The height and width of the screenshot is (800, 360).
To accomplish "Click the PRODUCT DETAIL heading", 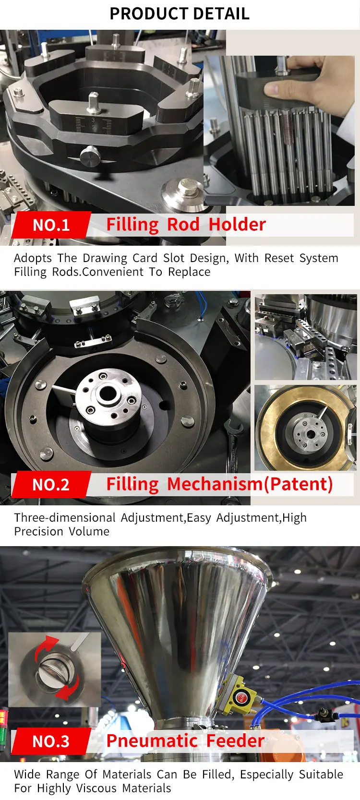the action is (x=180, y=14).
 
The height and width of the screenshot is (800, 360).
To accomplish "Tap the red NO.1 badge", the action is (x=51, y=225).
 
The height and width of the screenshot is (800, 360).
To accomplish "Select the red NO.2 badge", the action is (x=51, y=485).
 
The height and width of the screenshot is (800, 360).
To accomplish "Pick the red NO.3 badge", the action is (x=51, y=741).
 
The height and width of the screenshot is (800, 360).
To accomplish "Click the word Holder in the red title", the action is (x=237, y=225).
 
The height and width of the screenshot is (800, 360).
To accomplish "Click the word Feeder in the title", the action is (x=235, y=740).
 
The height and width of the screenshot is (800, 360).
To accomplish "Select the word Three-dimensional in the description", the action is (x=65, y=517).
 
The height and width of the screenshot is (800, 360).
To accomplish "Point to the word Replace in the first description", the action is (x=189, y=272).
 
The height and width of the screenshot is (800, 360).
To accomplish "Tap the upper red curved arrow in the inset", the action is (x=45, y=648).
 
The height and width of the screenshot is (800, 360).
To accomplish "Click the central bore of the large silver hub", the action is (x=108, y=394).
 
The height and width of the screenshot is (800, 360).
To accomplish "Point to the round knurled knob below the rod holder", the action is (x=90, y=155).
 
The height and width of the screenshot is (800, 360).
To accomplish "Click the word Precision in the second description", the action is (x=38, y=531).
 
